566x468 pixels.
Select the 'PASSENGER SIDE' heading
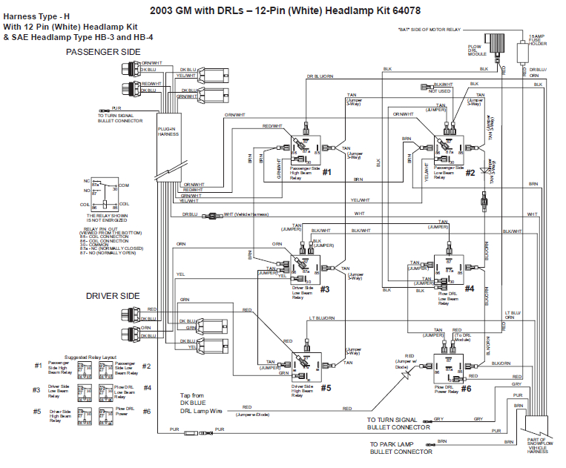[x=103, y=52]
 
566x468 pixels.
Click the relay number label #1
[x=326, y=171]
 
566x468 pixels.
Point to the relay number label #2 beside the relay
[x=470, y=173]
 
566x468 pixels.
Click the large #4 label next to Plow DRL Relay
[x=469, y=289]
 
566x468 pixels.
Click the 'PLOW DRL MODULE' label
[x=476, y=50]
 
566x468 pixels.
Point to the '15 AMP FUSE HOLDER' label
[x=537, y=40]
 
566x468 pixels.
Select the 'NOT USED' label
[x=439, y=91]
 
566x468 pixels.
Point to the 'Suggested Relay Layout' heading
[x=91, y=357]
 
